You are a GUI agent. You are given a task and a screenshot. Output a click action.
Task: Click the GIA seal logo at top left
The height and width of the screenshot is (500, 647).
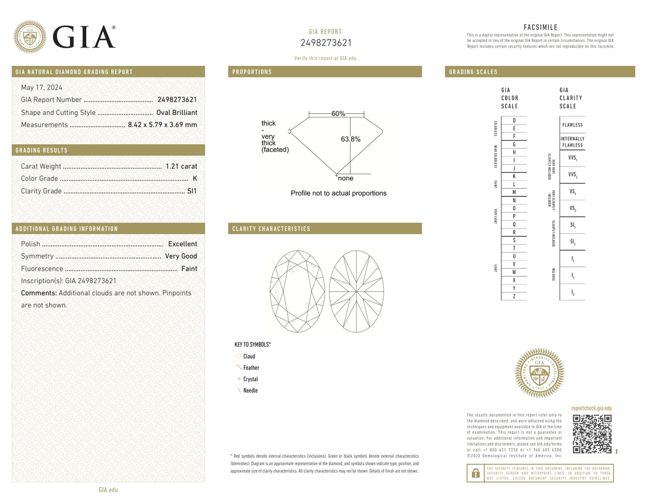point(30,37)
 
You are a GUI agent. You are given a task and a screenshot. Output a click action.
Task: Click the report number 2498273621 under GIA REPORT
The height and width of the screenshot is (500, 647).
point(326,43)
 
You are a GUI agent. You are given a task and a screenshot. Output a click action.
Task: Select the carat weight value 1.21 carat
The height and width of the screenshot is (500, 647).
point(181,166)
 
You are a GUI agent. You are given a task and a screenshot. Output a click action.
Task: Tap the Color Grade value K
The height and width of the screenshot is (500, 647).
point(195,179)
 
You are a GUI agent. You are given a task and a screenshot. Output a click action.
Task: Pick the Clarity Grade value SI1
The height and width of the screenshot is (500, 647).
point(192,191)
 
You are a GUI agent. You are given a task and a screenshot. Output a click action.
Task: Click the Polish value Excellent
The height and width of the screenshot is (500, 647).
point(183,244)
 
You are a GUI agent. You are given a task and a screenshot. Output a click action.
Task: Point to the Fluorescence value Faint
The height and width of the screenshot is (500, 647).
point(189,269)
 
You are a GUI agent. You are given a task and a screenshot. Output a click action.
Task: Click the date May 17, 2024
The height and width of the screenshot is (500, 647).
point(42,87)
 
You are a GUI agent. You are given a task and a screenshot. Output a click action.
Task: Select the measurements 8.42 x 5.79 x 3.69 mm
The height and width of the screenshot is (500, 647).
point(162,125)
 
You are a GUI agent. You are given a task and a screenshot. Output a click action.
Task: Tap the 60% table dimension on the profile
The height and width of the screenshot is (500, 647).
point(338,114)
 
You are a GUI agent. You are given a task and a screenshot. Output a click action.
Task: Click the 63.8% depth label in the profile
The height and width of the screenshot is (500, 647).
point(350,139)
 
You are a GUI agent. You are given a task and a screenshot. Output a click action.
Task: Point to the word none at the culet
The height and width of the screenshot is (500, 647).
point(346,179)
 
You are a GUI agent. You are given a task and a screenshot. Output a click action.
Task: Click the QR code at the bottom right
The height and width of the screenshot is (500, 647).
point(592,434)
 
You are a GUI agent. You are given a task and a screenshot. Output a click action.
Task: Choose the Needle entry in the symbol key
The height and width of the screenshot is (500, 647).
point(250,391)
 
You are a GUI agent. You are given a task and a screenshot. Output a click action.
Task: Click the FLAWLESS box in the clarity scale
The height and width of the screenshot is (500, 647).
point(572,125)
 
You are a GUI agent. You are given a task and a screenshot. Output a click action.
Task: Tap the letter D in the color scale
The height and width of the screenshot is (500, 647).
point(514,120)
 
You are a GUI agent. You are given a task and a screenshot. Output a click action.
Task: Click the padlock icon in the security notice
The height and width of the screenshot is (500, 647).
point(476,473)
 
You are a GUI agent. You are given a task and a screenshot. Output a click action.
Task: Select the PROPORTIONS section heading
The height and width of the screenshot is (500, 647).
point(252,72)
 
